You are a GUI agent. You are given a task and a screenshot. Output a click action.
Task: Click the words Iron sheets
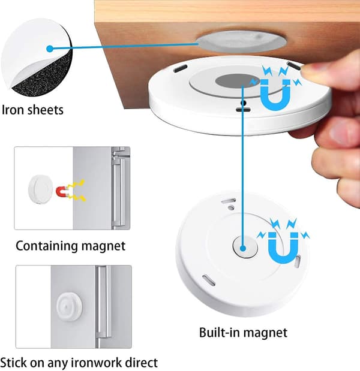click(x=32, y=110)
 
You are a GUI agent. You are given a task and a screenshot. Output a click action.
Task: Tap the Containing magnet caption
click(x=70, y=246)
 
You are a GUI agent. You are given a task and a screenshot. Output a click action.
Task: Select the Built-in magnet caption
click(x=243, y=333)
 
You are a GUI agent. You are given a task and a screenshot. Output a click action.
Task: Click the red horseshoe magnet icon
click(x=62, y=192)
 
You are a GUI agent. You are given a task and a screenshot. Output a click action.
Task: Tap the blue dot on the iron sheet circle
click(x=49, y=49)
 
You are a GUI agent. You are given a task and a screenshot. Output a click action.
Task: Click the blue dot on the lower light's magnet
click(x=243, y=248)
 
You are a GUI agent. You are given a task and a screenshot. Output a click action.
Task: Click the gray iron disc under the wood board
click(x=242, y=41)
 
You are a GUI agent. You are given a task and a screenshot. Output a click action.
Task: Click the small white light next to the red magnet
click(x=41, y=189)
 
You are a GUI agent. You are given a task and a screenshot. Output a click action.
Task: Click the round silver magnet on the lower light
click(x=245, y=247)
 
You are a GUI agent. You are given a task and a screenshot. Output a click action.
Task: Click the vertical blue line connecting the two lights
click(x=243, y=165)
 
